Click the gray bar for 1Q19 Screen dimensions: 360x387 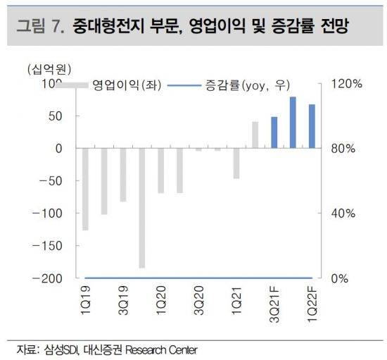85,189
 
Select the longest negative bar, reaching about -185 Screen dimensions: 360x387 141,208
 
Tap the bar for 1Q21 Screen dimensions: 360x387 236,163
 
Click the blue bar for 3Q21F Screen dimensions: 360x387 274,132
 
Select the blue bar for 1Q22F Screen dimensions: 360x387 312,126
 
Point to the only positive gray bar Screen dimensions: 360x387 255,135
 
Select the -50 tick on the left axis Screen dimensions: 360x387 52,181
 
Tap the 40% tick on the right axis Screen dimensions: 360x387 341,213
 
